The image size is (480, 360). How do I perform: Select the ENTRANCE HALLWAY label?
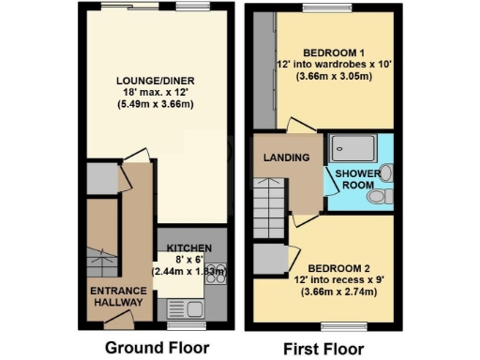116,297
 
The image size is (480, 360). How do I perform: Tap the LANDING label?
287,157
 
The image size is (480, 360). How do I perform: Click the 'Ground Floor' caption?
156,348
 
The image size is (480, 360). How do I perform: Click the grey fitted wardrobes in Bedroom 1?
261,75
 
